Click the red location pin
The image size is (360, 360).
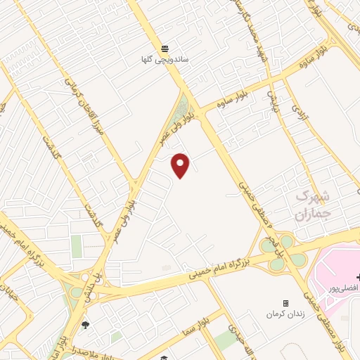pos(181,165)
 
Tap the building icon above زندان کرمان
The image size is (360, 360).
pos(285,303)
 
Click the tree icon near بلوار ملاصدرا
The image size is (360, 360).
pos(85,325)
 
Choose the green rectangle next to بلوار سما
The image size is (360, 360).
pos(226,340)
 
